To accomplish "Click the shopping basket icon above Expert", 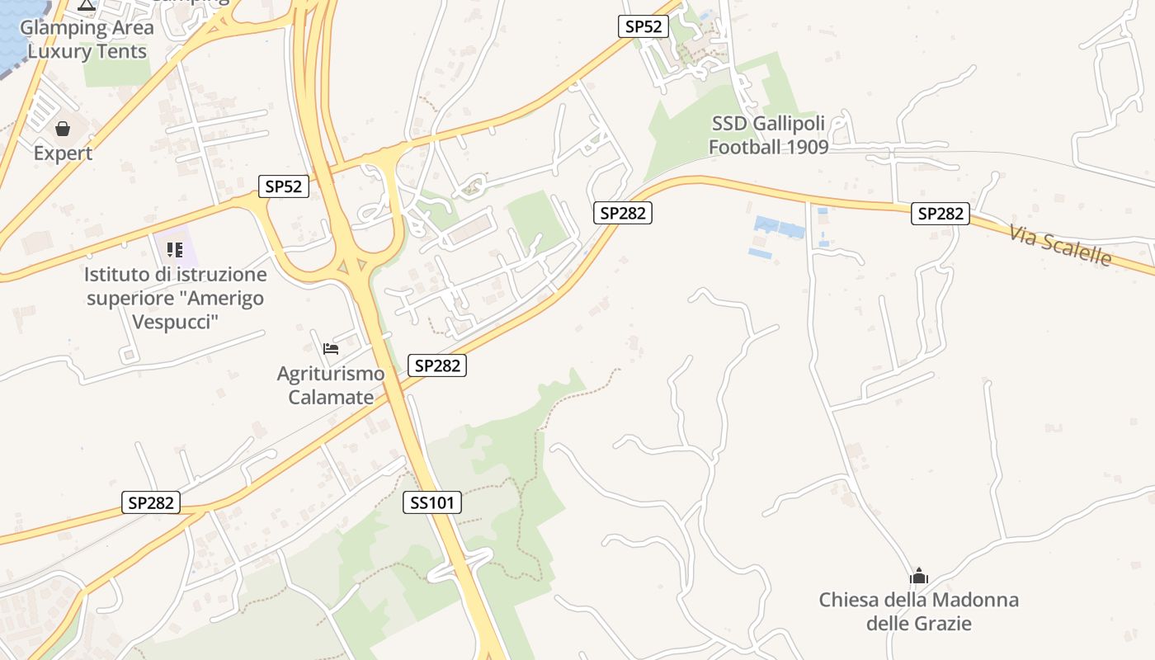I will tap(63, 129).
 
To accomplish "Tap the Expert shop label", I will tap(63, 153).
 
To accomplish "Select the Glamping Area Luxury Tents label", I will tap(87, 39).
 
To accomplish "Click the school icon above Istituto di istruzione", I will tap(174, 249).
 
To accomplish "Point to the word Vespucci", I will tap(176, 321).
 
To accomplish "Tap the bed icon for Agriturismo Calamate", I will tap(331, 349).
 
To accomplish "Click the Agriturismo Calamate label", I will tap(331, 385).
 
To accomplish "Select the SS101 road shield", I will tap(432, 502).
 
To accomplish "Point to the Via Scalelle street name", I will tap(1060, 244).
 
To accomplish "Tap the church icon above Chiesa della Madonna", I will tap(919, 576).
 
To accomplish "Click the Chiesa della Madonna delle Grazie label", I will tap(919, 611).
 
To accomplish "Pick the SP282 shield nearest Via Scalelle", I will tap(940, 214).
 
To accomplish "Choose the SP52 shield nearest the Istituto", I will tap(284, 186).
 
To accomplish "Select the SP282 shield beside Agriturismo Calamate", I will tap(437, 365).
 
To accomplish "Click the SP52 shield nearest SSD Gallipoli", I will tap(643, 26).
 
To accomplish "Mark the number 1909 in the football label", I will tap(806, 147).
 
